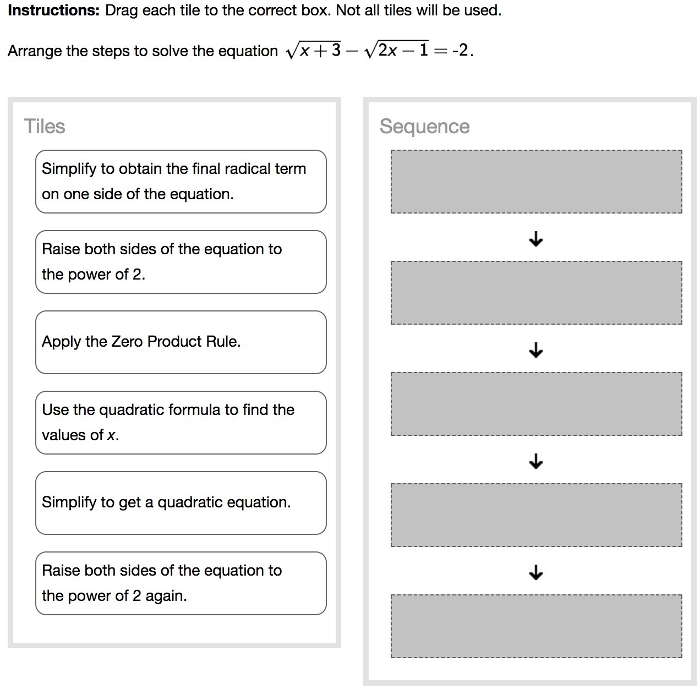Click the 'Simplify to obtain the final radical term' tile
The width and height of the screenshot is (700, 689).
coord(181,182)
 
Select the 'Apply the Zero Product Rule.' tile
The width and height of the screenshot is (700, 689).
coord(181,342)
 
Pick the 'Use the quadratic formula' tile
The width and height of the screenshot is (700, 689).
coord(181,423)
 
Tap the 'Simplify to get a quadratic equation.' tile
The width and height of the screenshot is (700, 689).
coord(181,503)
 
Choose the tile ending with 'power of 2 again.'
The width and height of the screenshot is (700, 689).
coord(181,583)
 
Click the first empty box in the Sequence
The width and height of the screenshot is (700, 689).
coord(536,182)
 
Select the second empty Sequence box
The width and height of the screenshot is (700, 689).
coord(536,293)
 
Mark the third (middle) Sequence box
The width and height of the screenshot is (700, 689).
coord(536,404)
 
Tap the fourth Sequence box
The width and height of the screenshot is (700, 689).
coord(536,515)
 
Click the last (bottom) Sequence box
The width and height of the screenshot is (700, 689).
coord(536,626)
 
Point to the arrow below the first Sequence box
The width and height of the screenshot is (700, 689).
coord(536,239)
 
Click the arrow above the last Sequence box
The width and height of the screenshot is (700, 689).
coord(536,572)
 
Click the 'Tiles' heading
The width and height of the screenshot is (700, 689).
coord(45,127)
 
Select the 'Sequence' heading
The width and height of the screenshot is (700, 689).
coord(424,127)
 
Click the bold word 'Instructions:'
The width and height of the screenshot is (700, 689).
coord(53,10)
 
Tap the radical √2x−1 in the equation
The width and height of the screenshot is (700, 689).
coord(397,51)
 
